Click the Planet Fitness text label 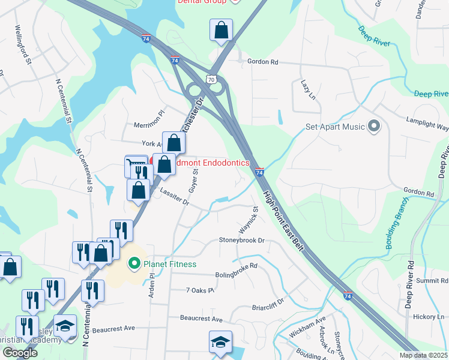tap(170, 263)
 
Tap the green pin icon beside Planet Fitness tap(134, 263)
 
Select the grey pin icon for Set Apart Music tap(374, 126)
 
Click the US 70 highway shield tap(209, 79)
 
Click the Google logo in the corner tap(19, 353)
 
